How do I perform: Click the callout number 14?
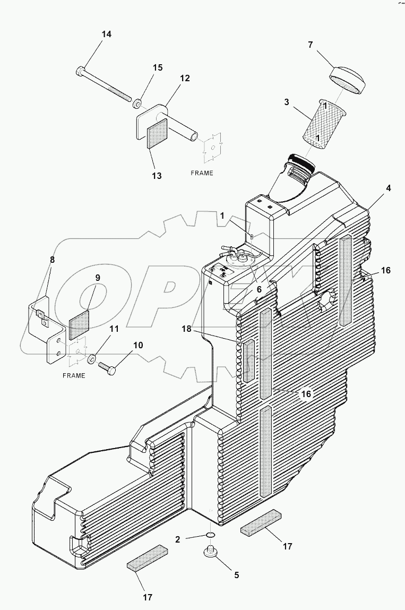coord(107,35)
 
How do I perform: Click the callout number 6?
coord(258,289)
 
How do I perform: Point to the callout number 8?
coord(52,260)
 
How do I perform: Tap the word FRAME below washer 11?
coord(74,376)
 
